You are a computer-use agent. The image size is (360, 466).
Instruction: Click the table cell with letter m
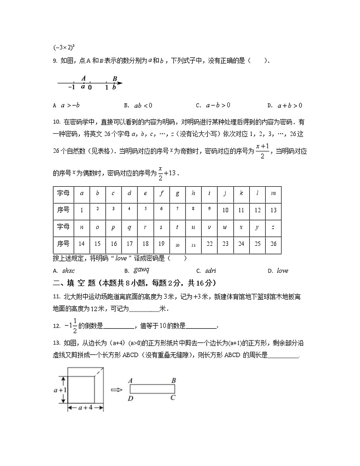pos(273,194)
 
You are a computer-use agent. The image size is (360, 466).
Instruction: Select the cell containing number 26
pos(273,244)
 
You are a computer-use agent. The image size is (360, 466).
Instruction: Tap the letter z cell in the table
pos(273,227)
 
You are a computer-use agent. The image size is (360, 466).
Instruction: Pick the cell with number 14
pos(82,244)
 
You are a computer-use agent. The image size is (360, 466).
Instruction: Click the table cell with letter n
pos(82,227)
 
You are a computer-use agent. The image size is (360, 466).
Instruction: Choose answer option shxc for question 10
pos(68,271)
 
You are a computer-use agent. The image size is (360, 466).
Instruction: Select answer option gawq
pos(141,270)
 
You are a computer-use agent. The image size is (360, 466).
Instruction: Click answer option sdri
pos(210,271)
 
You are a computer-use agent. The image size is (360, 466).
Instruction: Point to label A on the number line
pos(83,78)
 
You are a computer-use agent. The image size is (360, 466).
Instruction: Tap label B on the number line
pos(115,79)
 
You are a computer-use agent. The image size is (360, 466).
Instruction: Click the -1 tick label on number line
pos(71,87)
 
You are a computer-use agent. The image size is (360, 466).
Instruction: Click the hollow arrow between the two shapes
pos(117,389)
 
